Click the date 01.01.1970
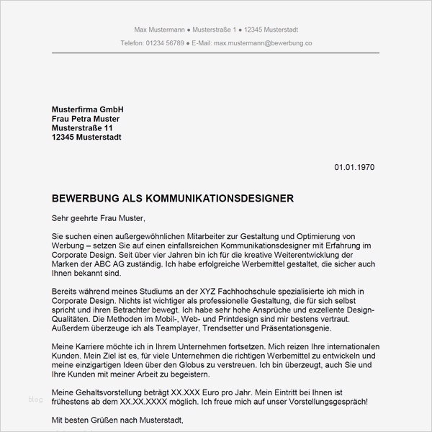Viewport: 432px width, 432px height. (354, 167)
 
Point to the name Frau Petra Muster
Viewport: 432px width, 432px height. (86, 118)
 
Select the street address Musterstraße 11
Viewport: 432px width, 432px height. (83, 127)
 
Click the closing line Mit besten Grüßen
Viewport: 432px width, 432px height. (88, 420)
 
